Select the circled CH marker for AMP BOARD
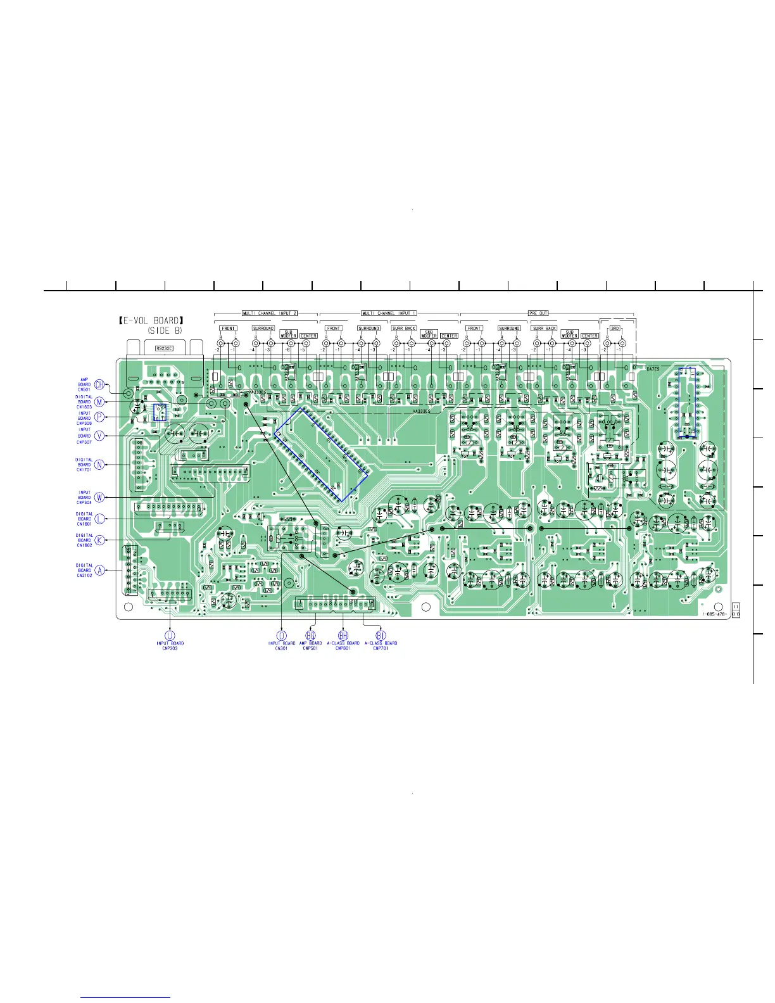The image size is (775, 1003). [99, 384]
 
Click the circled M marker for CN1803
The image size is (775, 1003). [99, 401]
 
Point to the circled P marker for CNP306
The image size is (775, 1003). [99, 417]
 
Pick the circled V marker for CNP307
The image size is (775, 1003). [99, 435]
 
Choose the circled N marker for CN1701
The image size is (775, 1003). [99, 465]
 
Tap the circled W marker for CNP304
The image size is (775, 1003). [99, 497]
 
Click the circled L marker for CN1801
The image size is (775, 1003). [99, 519]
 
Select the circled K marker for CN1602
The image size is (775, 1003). [99, 540]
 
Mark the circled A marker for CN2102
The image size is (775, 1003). [99, 570]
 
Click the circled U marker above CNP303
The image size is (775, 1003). [170, 635]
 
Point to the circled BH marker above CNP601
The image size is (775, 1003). [343, 635]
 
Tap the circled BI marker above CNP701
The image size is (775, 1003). [381, 635]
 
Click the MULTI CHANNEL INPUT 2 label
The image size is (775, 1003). [269, 313]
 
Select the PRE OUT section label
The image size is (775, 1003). [538, 313]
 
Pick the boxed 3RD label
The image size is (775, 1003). [614, 328]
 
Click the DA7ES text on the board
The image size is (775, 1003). [653, 369]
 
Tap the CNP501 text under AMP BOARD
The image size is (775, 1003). [310, 648]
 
